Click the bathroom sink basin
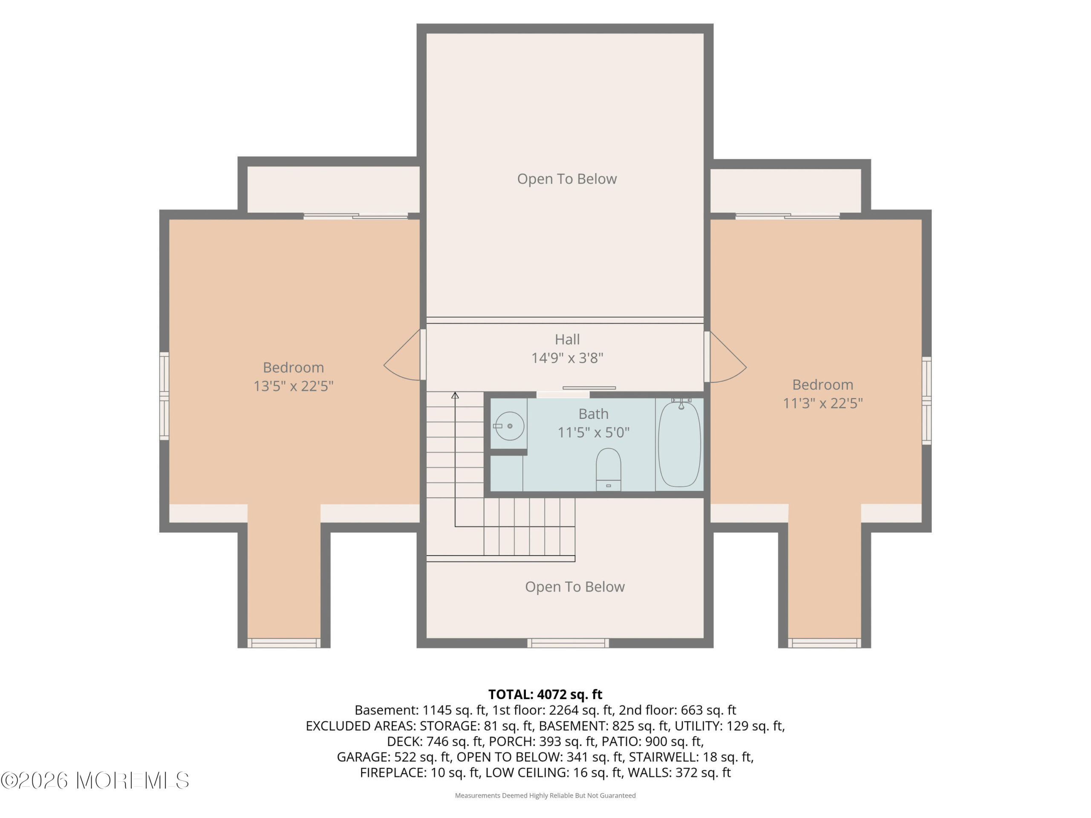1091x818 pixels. click(x=510, y=426)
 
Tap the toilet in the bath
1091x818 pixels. click(x=608, y=469)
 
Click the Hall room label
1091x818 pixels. click(x=567, y=339)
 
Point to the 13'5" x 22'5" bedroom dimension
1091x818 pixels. click(x=294, y=386)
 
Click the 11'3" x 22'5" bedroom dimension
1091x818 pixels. click(x=823, y=403)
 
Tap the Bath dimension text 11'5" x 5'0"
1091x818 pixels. click(x=593, y=432)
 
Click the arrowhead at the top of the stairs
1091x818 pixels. click(x=455, y=395)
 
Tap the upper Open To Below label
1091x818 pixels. click(x=567, y=179)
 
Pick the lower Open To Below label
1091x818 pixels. click(x=574, y=587)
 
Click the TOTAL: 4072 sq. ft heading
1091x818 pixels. click(x=545, y=694)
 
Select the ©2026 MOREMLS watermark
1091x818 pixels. click(x=95, y=781)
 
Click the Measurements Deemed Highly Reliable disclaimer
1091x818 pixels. click(x=545, y=795)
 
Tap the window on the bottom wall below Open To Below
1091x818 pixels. click(x=568, y=642)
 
